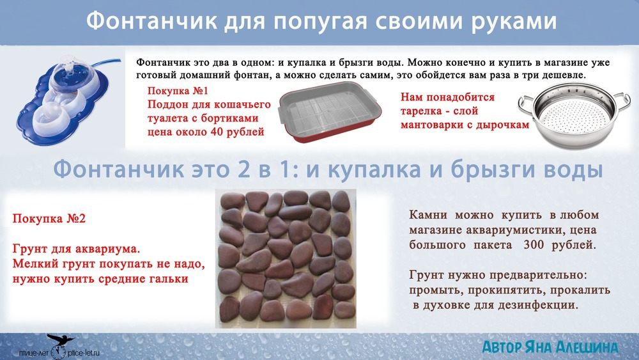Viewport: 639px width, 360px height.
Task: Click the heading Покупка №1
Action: tap(178, 91)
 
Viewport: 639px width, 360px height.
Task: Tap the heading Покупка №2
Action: tap(49, 219)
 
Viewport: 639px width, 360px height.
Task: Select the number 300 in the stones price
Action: tap(534, 245)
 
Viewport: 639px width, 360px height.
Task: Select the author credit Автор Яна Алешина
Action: tap(550, 347)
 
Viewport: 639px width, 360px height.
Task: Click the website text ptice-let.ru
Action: tap(84, 353)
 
